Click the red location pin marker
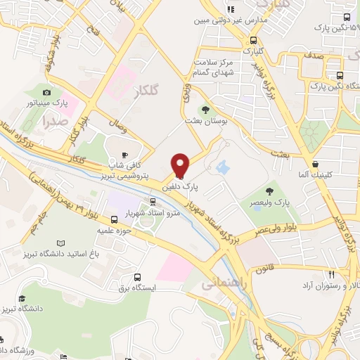click(x=180, y=166)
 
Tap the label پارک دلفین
click(x=181, y=188)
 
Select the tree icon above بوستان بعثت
click(x=205, y=109)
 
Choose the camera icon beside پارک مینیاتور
click(x=47, y=92)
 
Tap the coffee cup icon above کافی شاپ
click(x=125, y=155)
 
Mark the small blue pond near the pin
click(x=223, y=168)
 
